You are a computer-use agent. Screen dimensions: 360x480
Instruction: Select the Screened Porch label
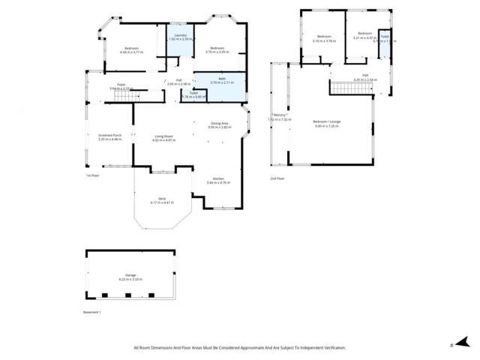point(110,136)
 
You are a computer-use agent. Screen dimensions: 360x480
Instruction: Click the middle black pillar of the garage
point(127,295)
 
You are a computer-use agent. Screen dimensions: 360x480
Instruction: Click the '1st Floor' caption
point(92,175)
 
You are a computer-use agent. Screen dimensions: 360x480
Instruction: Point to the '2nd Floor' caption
point(277,178)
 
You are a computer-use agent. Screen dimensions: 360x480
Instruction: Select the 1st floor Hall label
point(179,80)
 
